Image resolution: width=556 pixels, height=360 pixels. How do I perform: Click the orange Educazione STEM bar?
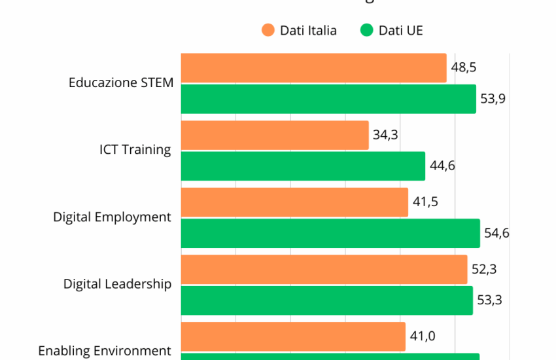[313, 68]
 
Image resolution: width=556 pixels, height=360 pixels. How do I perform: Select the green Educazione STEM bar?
[328, 99]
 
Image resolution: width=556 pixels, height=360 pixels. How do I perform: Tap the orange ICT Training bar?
[275, 135]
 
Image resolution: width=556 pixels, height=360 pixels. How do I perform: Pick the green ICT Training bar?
[303, 166]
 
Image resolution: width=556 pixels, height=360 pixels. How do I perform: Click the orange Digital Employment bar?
[294, 202]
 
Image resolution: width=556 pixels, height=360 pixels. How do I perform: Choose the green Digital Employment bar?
[330, 233]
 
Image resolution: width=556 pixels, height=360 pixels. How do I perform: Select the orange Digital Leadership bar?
[324, 269]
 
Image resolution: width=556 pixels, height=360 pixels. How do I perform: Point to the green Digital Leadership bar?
[326, 300]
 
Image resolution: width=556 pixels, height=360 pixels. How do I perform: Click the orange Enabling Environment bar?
[293, 336]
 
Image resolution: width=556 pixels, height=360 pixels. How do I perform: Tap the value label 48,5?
[463, 67]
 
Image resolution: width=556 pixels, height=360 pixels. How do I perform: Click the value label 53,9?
[493, 99]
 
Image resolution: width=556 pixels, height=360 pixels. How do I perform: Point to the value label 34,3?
[386, 135]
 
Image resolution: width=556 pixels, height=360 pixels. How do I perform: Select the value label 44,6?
[442, 166]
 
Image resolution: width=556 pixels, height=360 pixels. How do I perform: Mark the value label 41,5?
[425, 202]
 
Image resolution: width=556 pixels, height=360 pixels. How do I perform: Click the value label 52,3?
[485, 269]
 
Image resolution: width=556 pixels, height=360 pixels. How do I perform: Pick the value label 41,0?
[423, 336]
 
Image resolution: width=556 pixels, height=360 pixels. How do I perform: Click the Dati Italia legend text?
[308, 30]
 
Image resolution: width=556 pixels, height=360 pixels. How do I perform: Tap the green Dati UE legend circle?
[367, 30]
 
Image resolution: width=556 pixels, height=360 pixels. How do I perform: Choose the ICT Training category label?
[135, 149]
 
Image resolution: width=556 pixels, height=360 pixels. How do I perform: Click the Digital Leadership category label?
[118, 284]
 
